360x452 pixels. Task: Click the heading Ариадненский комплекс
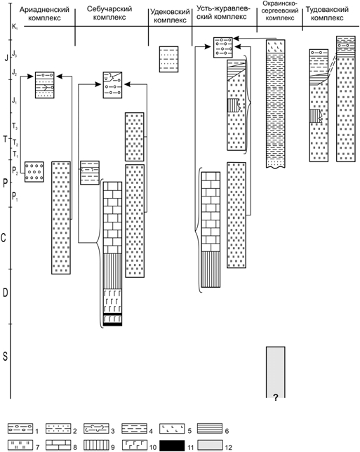(x=44, y=13)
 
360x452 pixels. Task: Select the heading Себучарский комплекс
(x=109, y=13)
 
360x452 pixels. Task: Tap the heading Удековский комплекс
(x=170, y=16)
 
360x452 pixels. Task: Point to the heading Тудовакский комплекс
(x=327, y=13)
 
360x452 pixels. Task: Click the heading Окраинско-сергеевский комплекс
(x=279, y=11)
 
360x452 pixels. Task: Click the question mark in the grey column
(x=276, y=398)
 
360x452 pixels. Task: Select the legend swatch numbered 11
(x=172, y=446)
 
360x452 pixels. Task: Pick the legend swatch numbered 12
(x=210, y=446)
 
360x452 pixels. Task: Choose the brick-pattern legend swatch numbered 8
(x=58, y=446)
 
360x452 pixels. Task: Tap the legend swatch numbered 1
(x=20, y=429)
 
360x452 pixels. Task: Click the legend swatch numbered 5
(x=172, y=429)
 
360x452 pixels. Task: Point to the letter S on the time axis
(x=5, y=357)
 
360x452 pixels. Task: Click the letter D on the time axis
(x=5, y=293)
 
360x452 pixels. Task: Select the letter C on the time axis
(x=4, y=238)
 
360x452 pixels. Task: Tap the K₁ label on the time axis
(x=15, y=27)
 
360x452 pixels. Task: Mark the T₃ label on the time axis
(x=15, y=126)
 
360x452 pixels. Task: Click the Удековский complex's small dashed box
(x=169, y=59)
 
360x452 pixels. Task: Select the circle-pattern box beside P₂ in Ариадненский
(x=34, y=172)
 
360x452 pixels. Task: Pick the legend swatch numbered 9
(x=96, y=446)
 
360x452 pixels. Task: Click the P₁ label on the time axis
(x=15, y=197)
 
